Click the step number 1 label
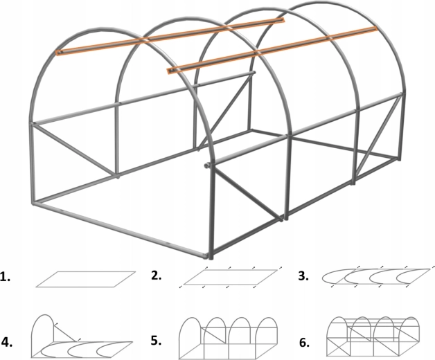(6, 277)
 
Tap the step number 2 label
(156, 276)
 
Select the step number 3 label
(303, 276)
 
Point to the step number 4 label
(7, 342)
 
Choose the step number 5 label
(156, 341)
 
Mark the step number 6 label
(304, 343)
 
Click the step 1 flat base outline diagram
(86, 279)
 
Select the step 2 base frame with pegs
(230, 278)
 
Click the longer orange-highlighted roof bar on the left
(170, 37)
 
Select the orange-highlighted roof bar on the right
(272, 51)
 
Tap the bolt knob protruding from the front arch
(206, 165)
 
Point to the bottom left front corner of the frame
(34, 204)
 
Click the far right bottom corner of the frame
(399, 159)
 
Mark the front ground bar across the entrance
(120, 229)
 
